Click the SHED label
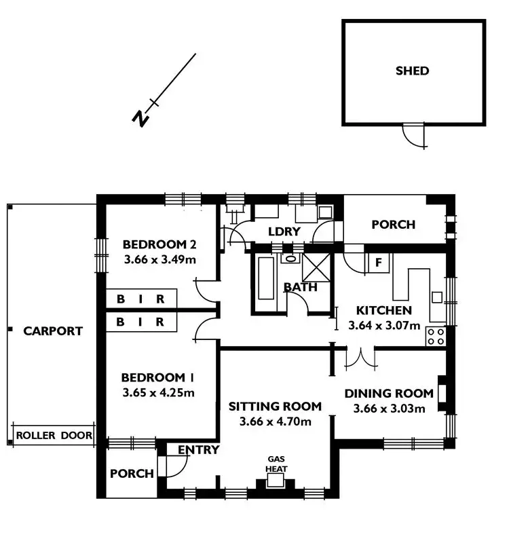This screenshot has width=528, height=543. point(412,71)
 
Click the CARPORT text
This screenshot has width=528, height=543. point(53,331)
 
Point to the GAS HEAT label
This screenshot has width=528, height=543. point(276,464)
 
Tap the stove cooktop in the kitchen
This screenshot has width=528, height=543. point(435,336)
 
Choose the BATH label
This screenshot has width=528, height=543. point(300,287)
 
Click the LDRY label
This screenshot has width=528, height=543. point(284,231)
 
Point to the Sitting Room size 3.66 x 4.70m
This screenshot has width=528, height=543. point(275,422)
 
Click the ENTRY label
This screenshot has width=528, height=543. point(199,450)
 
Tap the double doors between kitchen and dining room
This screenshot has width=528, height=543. point(360,358)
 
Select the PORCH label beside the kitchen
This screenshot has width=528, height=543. point(393,225)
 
